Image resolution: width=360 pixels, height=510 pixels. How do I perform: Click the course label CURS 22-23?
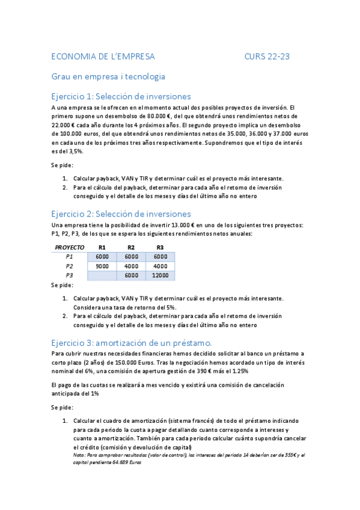click(x=267, y=57)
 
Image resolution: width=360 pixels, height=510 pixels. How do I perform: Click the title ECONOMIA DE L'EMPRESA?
click(x=103, y=57)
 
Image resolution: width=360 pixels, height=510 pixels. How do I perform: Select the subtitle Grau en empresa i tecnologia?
click(x=108, y=76)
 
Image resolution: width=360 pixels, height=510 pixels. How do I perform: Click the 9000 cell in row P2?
click(x=102, y=266)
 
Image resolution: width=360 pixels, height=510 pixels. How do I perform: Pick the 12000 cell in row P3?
click(x=160, y=275)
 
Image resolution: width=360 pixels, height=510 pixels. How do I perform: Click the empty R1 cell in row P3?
click(x=102, y=275)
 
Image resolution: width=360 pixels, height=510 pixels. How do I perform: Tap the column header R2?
click(x=131, y=247)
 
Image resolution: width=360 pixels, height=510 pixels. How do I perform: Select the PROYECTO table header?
click(x=70, y=247)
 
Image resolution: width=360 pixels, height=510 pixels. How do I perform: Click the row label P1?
click(x=70, y=257)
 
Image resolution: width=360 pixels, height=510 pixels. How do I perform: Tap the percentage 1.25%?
click(x=254, y=372)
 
